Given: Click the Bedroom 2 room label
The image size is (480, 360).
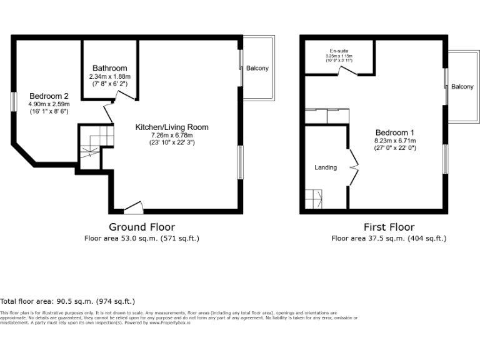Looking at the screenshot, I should pos(49,96).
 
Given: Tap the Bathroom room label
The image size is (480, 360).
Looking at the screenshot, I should pos(109,68).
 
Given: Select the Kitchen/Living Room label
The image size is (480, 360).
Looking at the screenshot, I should pos(172,127).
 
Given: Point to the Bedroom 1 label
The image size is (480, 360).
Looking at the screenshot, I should pos(394,132).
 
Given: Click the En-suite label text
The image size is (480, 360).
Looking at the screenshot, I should pos(339,51).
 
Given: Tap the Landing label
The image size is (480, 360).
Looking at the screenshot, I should pos(326,167).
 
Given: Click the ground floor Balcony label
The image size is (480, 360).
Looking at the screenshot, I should pos(257,68).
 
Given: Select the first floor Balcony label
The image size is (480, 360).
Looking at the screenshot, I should pos(462,86).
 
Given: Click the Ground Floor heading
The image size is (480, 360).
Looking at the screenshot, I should pos(142,227).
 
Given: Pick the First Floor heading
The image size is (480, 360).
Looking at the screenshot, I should pos(389,227).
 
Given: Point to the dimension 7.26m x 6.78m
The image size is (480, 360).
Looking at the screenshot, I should pos(172,135).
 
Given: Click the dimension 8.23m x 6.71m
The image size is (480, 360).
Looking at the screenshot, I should pos(395,141).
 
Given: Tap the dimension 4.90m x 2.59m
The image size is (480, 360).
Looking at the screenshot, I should pos(49,104).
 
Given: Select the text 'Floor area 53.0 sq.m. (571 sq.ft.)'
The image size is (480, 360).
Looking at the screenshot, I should pos(142,238).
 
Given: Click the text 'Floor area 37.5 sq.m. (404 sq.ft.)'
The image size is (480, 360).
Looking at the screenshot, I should pos(389,238).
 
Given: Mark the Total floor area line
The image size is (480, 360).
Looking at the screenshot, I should pos(67,301).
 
